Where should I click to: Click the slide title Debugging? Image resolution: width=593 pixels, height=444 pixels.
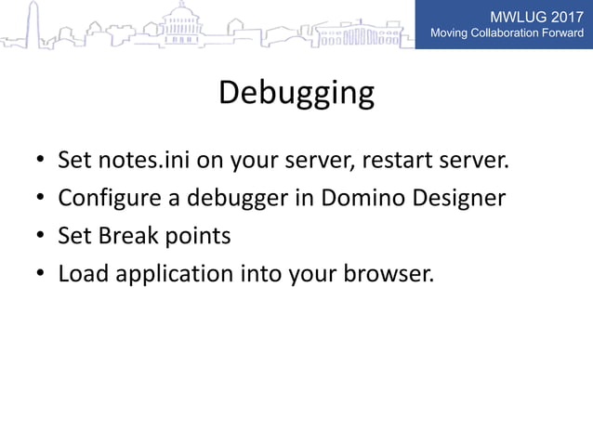pyautogui.click(x=296, y=94)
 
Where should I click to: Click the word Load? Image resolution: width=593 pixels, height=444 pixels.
pyautogui.click(x=80, y=274)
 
